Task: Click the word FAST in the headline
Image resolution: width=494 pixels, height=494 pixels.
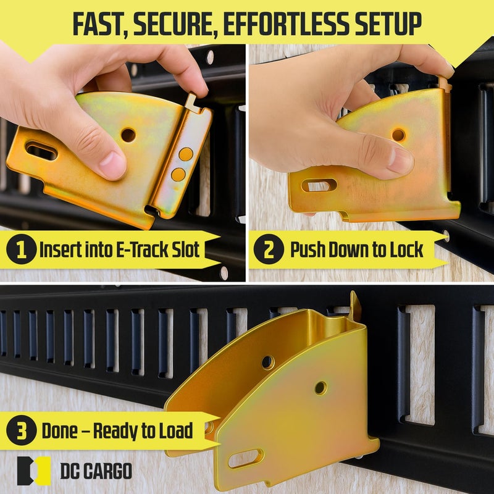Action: [100, 24]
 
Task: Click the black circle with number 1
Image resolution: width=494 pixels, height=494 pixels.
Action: [21, 249]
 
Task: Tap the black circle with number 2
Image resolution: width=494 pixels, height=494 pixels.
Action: [269, 249]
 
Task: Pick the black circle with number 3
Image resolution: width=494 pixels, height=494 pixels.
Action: [21, 430]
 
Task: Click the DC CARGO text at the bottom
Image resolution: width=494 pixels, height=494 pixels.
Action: [96, 471]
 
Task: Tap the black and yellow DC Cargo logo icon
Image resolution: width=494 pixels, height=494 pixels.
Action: [34, 471]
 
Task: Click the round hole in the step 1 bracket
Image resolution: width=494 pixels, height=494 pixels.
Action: [128, 135]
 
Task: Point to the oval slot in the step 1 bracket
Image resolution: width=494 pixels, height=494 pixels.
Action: [41, 151]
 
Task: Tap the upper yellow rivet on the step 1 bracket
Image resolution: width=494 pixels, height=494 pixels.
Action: [186, 154]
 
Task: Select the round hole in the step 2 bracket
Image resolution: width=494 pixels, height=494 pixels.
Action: [398, 135]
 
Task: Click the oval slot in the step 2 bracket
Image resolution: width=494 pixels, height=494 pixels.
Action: [319, 185]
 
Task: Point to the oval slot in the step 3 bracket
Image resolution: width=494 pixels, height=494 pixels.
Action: [246, 458]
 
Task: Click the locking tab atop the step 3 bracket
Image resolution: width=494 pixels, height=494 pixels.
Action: [356, 306]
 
